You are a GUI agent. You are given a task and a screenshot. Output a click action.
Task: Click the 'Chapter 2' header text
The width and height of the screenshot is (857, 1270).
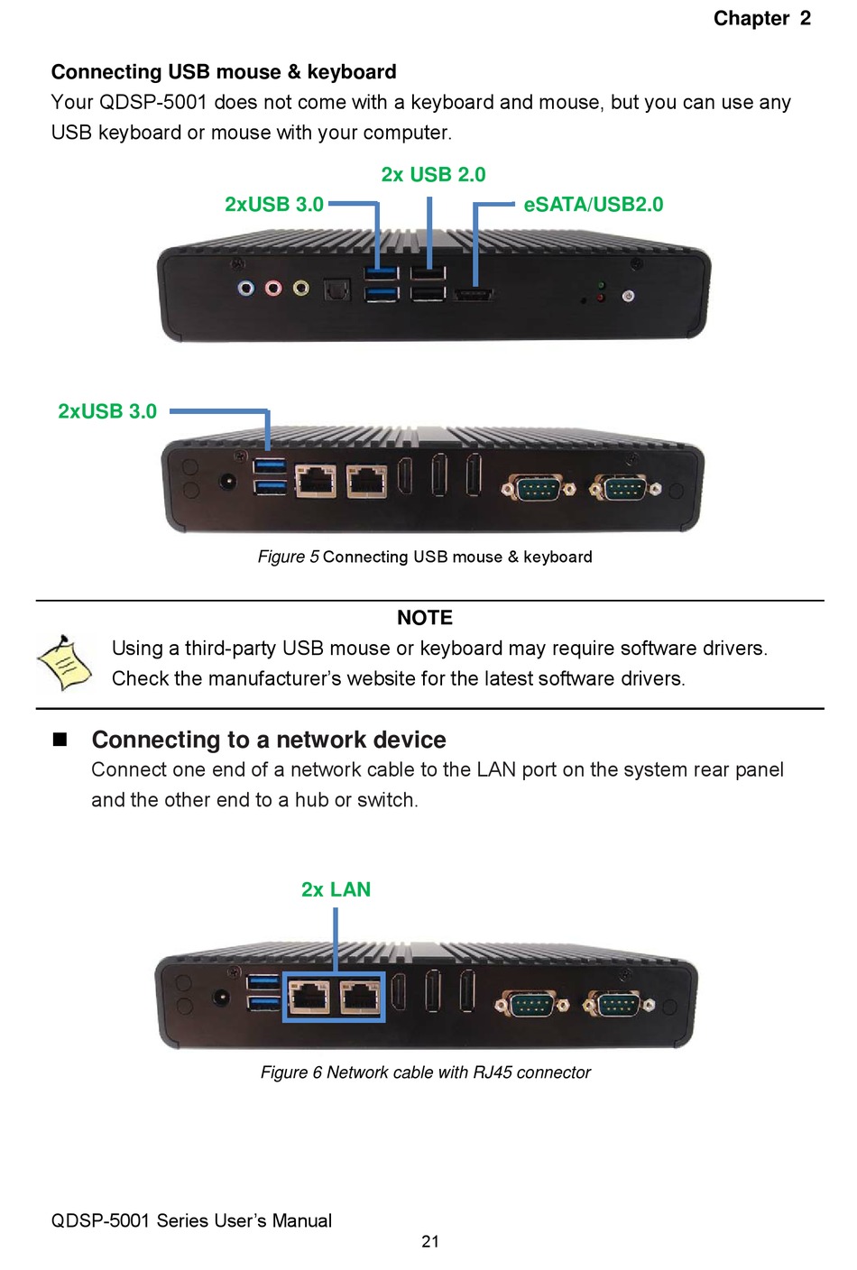pos(761,19)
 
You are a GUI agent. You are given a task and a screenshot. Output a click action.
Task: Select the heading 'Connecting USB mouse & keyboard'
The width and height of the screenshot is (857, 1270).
pos(224,72)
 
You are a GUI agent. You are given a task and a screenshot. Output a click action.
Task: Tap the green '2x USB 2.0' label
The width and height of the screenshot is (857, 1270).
pos(433,175)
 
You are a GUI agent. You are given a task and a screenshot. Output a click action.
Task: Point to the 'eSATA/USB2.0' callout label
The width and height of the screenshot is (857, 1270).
pos(593,205)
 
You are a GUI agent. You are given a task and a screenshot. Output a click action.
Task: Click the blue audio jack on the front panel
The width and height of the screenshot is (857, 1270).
pos(245,289)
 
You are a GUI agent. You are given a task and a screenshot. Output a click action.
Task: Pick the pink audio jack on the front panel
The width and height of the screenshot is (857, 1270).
pos(273,289)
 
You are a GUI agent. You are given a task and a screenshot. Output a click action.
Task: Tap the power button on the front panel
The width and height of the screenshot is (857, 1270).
pos(628,296)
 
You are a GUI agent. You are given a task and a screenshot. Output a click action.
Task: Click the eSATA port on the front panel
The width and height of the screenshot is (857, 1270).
pos(473,294)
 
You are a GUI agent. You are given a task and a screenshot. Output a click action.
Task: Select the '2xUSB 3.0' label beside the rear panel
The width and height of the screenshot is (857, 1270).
pos(107,411)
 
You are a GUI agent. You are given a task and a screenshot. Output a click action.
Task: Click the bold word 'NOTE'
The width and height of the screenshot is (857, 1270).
pos(425,618)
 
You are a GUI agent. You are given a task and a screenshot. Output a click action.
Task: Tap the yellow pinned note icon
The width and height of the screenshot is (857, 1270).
pos(64,663)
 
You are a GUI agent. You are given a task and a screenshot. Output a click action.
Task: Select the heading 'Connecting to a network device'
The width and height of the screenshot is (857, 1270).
pos(269,740)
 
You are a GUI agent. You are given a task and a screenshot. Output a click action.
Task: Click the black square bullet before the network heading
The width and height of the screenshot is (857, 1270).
pos(60,740)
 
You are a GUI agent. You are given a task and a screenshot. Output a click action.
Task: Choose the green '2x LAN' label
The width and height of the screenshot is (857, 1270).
pos(336,889)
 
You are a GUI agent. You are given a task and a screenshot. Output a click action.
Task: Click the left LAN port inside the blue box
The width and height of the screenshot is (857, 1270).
pos(309,998)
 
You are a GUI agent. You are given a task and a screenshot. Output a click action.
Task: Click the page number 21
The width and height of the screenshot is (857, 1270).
pos(430,1242)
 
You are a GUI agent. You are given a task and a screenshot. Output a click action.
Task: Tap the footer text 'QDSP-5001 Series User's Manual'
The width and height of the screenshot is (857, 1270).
pos(191,1220)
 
